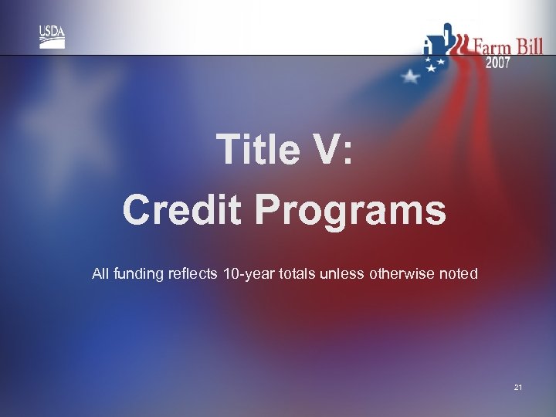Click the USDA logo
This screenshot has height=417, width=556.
click(x=53, y=36)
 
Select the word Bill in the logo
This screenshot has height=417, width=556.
click(x=530, y=46)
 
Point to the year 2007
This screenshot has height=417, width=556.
click(x=498, y=63)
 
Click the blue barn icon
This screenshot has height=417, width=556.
click(x=437, y=43)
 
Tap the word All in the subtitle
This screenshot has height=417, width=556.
click(x=100, y=273)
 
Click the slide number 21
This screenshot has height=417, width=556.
click(x=517, y=386)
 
